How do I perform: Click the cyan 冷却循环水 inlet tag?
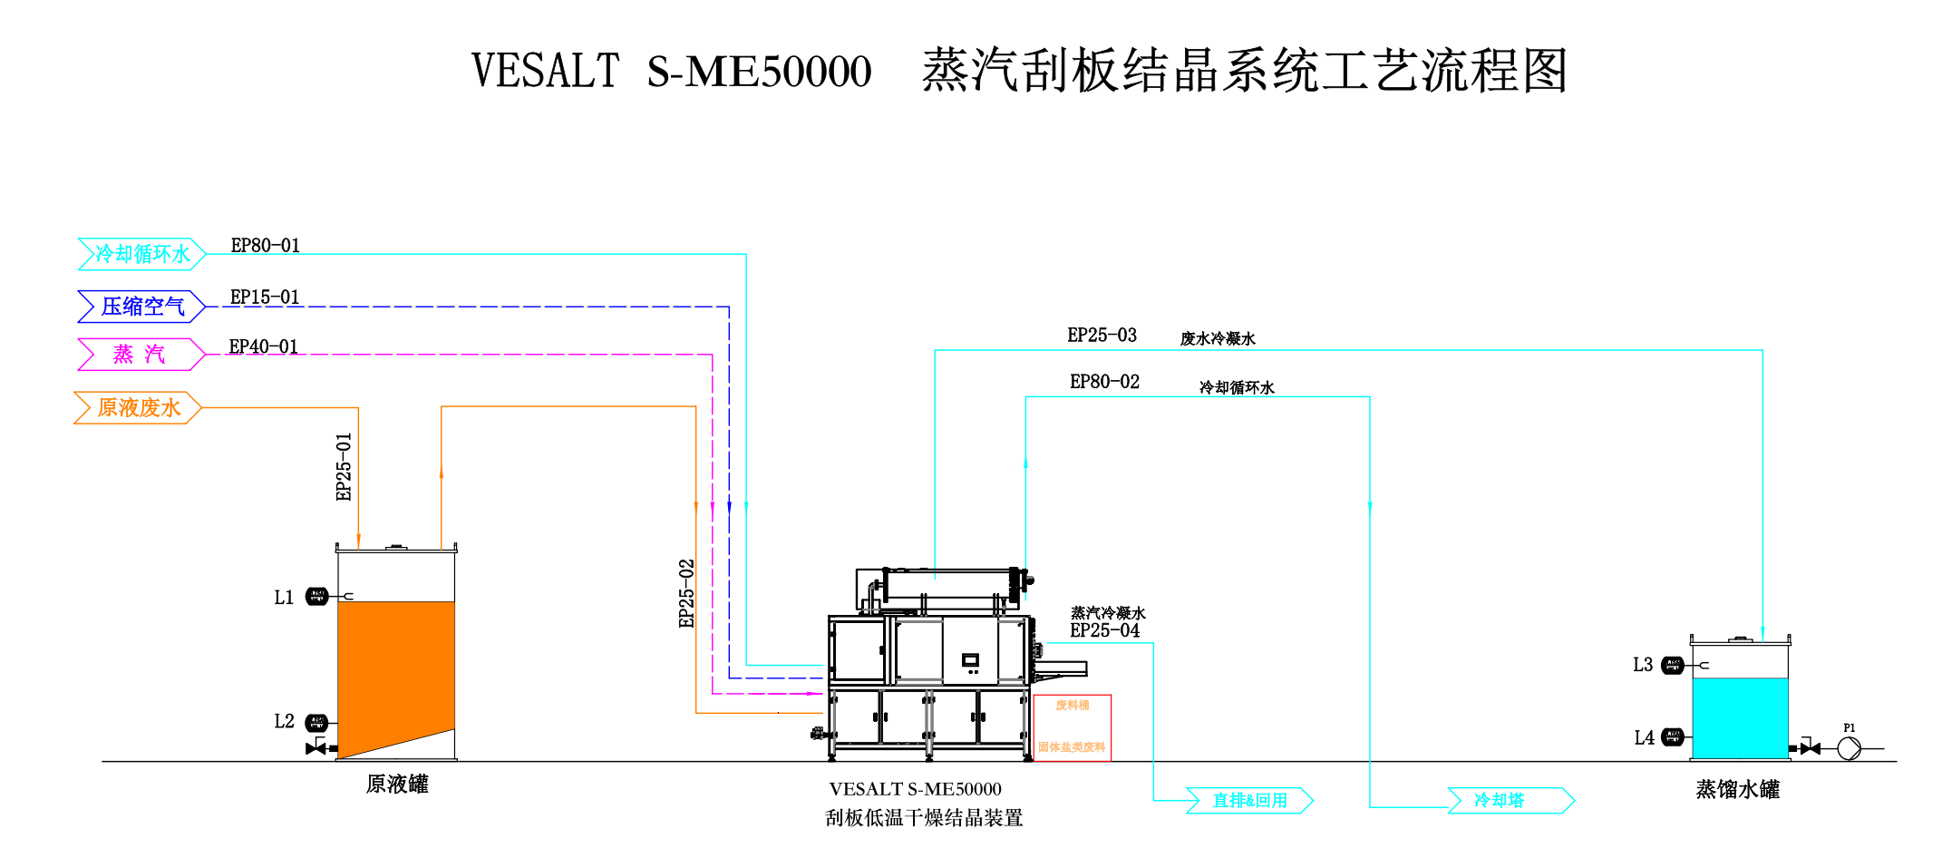click(141, 254)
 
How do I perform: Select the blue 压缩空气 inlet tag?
click(141, 307)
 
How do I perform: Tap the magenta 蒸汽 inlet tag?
click(140, 355)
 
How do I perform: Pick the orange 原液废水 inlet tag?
click(138, 408)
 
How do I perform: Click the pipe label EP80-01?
click(265, 246)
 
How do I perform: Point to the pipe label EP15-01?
click(264, 297)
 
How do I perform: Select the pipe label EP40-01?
click(263, 346)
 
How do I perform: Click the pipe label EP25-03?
click(1102, 336)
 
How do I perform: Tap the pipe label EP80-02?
click(1104, 382)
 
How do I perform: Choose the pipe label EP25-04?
click(1104, 630)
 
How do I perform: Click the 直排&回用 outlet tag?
click(1249, 801)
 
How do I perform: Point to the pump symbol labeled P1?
click(1849, 748)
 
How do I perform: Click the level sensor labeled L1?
click(316, 596)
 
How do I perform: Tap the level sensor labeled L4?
click(1673, 736)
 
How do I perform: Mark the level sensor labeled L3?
click(1673, 666)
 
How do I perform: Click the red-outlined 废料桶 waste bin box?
click(1072, 727)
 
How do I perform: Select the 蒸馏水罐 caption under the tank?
click(1737, 790)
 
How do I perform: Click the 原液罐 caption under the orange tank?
click(397, 785)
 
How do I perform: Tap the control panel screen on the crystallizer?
click(970, 660)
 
